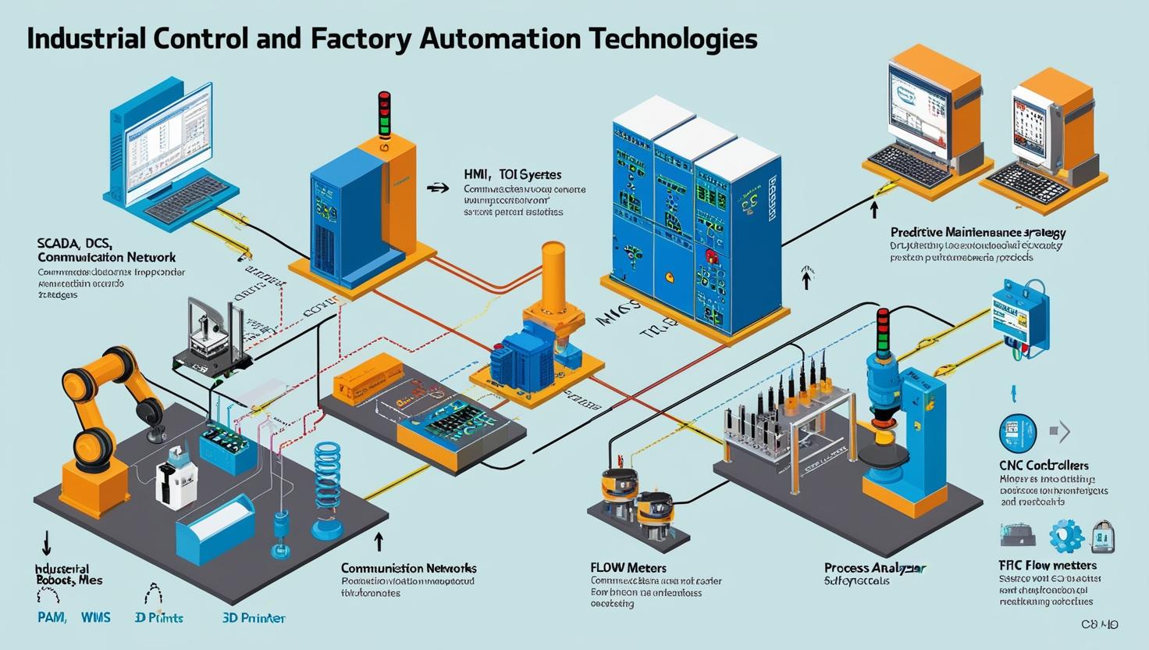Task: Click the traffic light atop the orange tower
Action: click(x=383, y=113)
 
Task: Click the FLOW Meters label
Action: click(x=628, y=567)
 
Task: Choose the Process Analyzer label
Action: click(x=875, y=568)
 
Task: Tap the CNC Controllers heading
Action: click(x=1044, y=465)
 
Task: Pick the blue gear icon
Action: click(x=1065, y=536)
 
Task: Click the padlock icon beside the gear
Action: click(x=1103, y=536)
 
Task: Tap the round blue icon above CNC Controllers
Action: click(x=1017, y=433)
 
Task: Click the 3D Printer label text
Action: click(x=254, y=617)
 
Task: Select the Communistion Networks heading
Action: click(x=408, y=568)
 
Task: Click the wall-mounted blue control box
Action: click(x=1019, y=316)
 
